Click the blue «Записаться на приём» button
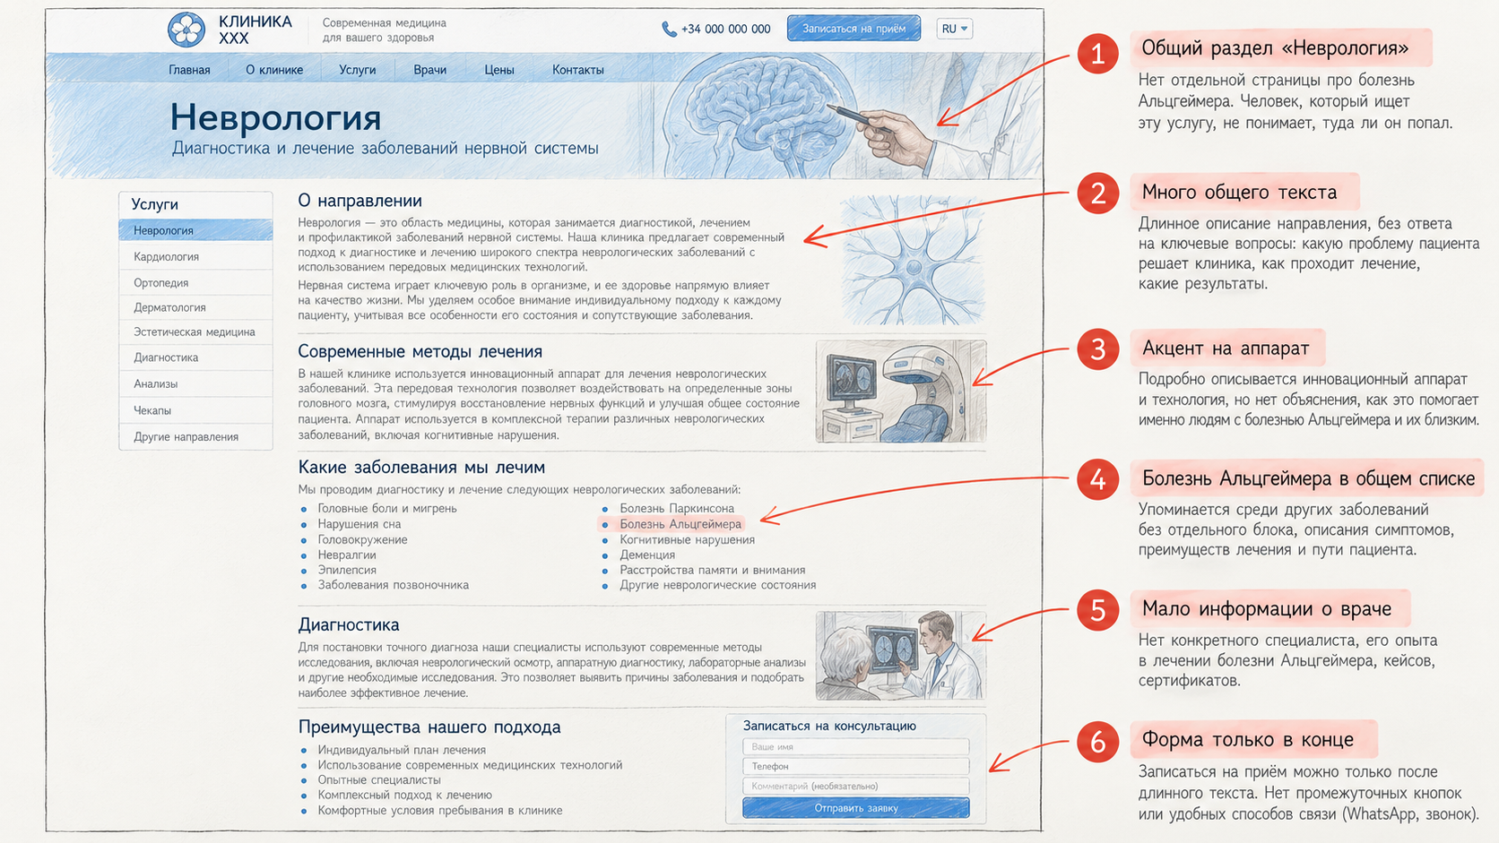(853, 29)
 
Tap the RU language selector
(954, 29)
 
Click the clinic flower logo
(186, 30)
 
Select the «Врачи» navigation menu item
(429, 70)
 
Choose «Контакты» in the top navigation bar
(578, 70)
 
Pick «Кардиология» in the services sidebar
(166, 257)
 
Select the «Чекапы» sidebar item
(152, 410)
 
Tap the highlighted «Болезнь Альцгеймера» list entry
(680, 524)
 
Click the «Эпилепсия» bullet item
(347, 571)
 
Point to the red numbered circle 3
(1097, 349)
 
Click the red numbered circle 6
(1097, 742)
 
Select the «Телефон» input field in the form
(856, 766)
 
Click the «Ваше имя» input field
(856, 747)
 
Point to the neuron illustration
(913, 260)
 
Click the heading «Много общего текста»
(1239, 193)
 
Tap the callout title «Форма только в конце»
(1247, 739)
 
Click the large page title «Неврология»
(275, 117)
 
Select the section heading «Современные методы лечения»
(420, 352)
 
